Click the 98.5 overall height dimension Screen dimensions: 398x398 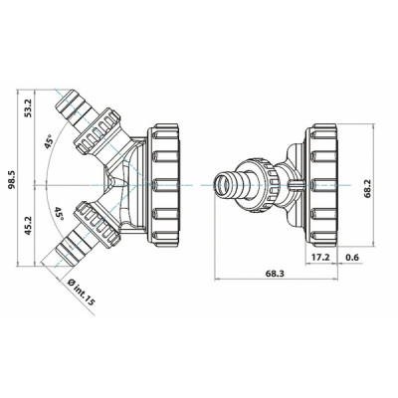(10, 184)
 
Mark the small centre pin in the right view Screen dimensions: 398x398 (296, 185)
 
